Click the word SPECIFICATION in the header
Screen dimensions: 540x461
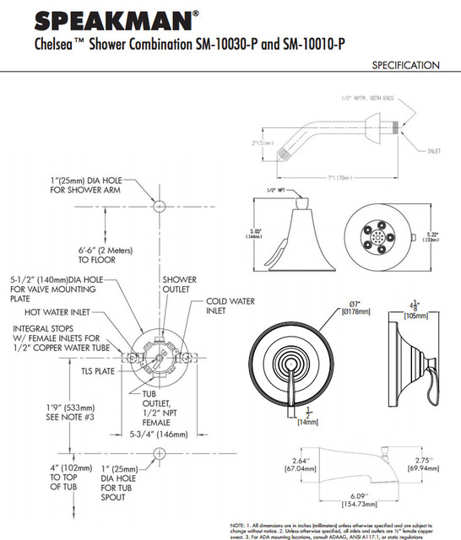tap(405, 65)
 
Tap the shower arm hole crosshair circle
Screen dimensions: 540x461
tap(157, 205)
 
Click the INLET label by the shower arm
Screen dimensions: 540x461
tap(434, 151)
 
